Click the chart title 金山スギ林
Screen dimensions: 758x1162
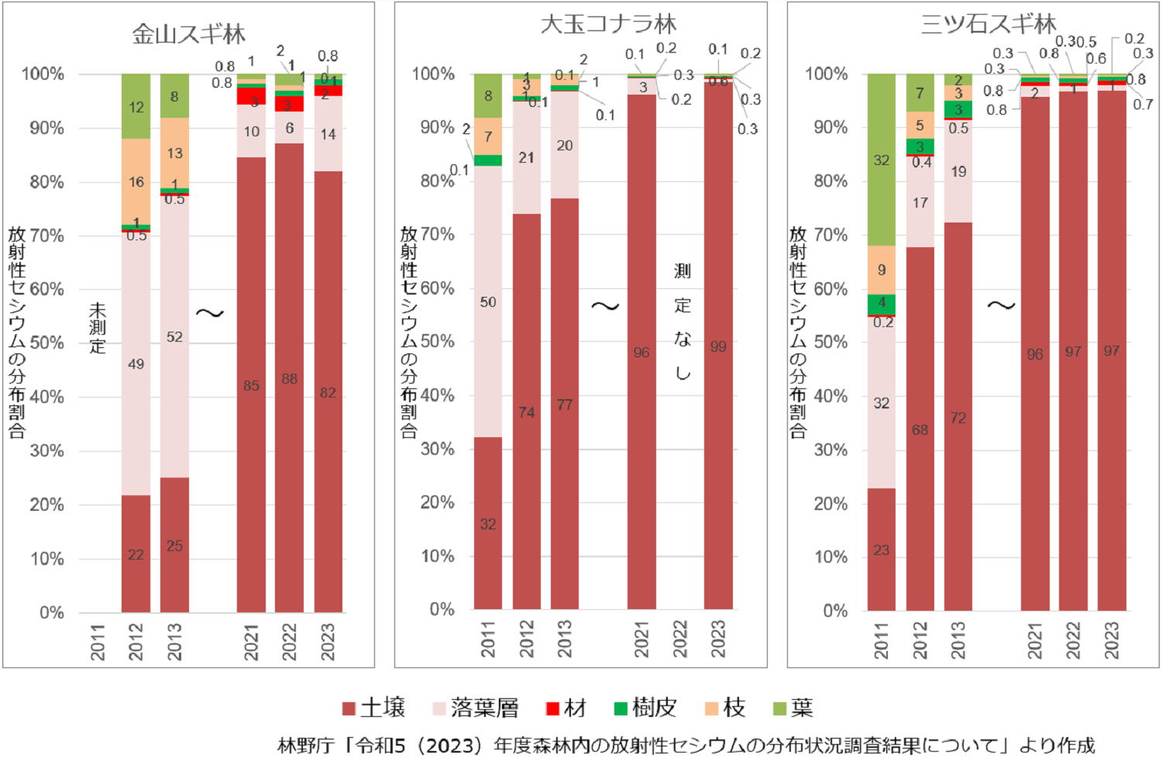tap(188, 34)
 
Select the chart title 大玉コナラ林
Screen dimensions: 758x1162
tap(608, 24)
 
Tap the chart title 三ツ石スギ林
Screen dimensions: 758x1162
tap(988, 24)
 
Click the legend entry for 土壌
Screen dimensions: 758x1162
tap(374, 708)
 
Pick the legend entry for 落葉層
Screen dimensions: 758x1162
tap(476, 708)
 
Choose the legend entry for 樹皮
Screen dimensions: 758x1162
tap(645, 708)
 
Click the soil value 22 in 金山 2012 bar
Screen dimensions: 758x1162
tap(136, 555)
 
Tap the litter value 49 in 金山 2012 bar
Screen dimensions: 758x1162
tap(136, 363)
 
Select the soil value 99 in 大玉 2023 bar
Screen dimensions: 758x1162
tap(718, 346)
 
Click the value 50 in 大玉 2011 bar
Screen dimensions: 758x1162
tap(488, 301)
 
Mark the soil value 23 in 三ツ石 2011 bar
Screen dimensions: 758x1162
tap(882, 550)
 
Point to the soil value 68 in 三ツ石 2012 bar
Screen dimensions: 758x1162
tap(920, 429)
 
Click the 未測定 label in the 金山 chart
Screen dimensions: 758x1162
tap(98, 327)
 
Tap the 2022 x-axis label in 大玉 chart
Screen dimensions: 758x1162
tap(680, 639)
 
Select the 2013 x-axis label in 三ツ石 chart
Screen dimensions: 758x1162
tap(958, 640)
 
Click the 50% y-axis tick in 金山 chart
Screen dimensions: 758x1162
tap(47, 343)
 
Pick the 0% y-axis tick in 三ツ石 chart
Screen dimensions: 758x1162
tap(835, 611)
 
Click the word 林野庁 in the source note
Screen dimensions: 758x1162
tap(305, 746)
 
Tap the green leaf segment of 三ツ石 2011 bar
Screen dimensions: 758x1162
tap(882, 160)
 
